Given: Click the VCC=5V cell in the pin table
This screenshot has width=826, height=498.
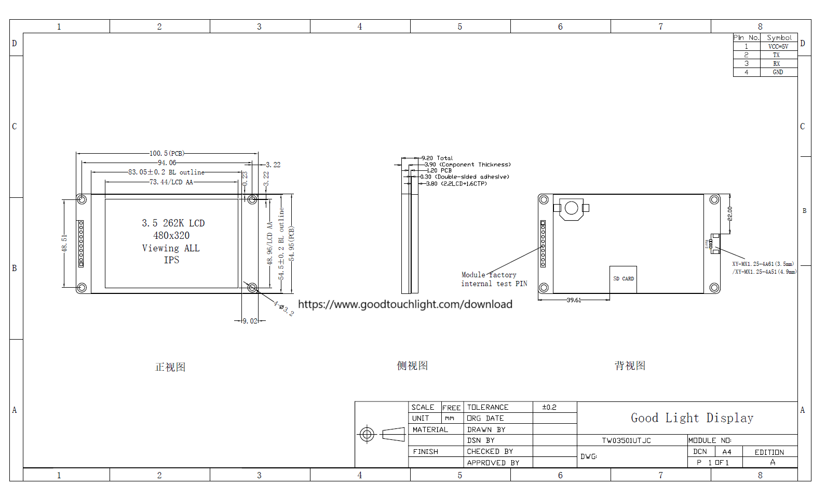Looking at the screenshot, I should click(x=778, y=47).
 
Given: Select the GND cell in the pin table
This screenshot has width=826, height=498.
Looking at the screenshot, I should click(x=778, y=72).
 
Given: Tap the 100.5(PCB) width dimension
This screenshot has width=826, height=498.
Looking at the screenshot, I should click(x=167, y=153).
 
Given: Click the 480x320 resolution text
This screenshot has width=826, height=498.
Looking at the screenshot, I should click(x=171, y=235).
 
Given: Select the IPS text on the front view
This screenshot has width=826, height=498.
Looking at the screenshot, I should click(x=171, y=260).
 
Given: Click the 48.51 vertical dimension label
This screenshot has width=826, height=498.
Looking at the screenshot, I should click(x=64, y=243).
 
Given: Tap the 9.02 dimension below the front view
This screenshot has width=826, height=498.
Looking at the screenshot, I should click(x=250, y=321).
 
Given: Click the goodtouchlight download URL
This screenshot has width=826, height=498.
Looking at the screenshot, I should click(x=405, y=304).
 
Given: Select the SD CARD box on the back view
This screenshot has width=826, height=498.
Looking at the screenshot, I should click(x=623, y=279).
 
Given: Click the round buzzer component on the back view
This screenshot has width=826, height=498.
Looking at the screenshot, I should click(x=571, y=208).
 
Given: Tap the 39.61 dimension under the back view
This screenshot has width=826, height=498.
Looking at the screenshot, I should click(x=574, y=300).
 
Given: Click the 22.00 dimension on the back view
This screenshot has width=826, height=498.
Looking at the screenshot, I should click(x=729, y=213).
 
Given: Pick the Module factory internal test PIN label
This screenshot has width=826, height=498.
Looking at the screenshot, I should click(x=494, y=279).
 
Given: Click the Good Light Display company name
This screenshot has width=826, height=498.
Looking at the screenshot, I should click(x=692, y=418).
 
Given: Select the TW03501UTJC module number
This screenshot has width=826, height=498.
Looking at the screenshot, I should click(x=626, y=440).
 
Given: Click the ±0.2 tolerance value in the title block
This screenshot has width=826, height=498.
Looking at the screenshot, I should click(x=549, y=407).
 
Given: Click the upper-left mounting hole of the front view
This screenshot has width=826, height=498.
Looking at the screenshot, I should click(x=82, y=199).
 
